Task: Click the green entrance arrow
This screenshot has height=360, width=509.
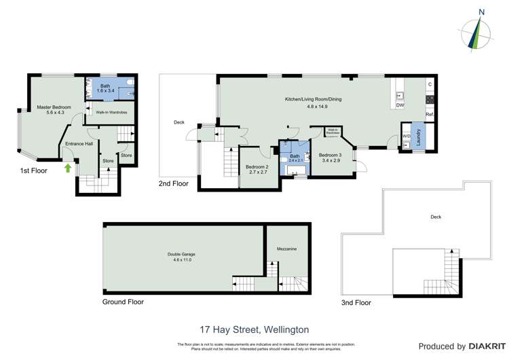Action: (x=68, y=167)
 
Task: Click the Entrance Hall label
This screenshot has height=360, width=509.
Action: (x=79, y=144)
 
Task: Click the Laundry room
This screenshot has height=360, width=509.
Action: (x=419, y=139)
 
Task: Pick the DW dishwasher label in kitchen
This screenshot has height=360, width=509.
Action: (x=400, y=106)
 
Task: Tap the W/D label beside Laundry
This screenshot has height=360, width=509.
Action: (x=407, y=136)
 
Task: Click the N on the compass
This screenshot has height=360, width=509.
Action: (x=481, y=12)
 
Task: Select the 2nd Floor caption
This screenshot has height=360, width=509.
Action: (x=174, y=183)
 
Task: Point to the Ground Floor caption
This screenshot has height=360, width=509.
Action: (x=123, y=302)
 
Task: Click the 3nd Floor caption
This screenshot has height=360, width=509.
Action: (x=356, y=302)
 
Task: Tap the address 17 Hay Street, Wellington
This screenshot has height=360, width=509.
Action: (x=254, y=329)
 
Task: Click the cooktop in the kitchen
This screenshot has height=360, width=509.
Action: (x=430, y=99)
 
